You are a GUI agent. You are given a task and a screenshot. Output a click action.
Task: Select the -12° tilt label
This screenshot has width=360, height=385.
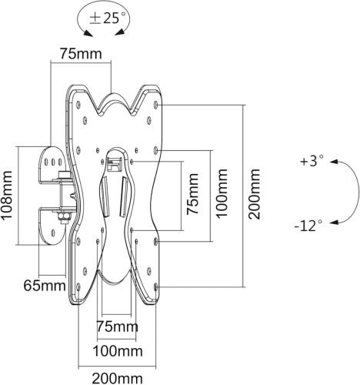pyautogui.click(x=308, y=226)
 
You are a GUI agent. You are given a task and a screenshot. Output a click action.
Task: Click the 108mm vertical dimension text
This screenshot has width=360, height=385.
pyautogui.click(x=6, y=195)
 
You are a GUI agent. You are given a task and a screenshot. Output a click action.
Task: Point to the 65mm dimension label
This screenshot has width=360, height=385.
pyautogui.click(x=45, y=286)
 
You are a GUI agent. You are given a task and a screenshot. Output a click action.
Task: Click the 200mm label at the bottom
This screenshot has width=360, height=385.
pyautogui.click(x=117, y=379)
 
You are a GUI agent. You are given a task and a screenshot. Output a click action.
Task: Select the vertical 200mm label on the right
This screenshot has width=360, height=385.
pyautogui.click(x=255, y=194)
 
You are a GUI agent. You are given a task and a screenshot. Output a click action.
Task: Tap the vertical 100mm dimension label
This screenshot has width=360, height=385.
pyautogui.click(x=222, y=193)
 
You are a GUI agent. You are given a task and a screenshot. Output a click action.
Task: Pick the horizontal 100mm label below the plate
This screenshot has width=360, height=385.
pyautogui.click(x=118, y=351)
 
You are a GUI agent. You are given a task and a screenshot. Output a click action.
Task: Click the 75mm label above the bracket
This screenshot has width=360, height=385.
pyautogui.click(x=81, y=54)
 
